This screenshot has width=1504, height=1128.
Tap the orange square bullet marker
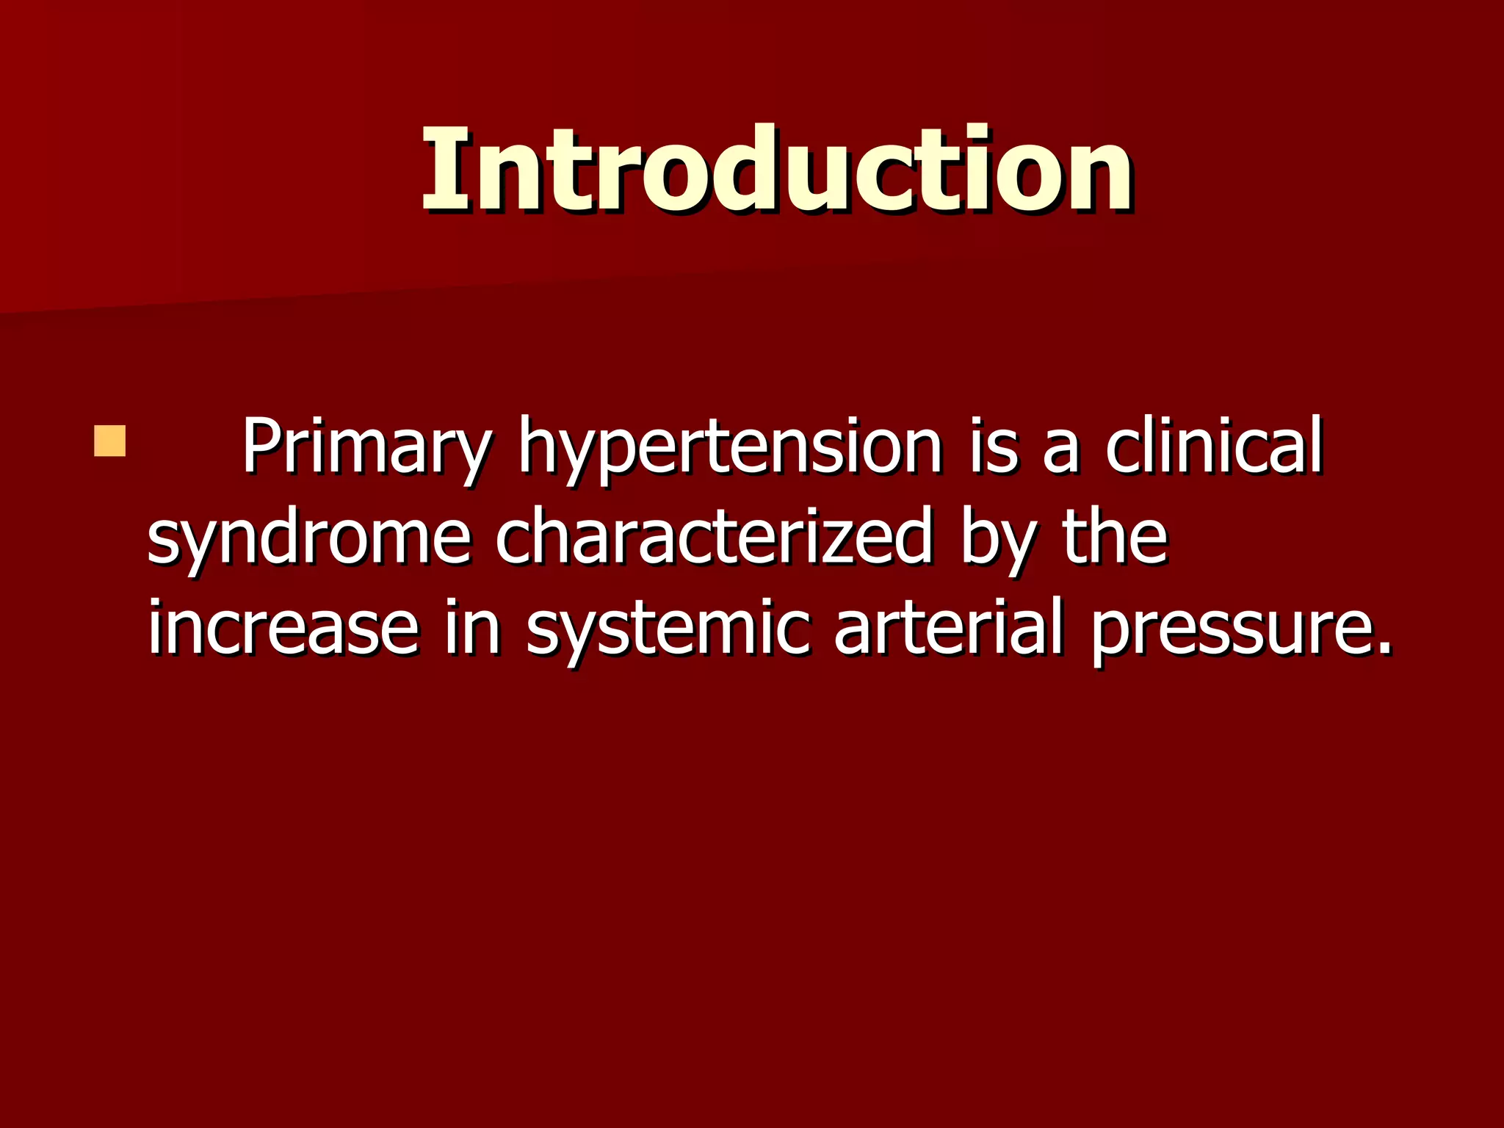pos(109,441)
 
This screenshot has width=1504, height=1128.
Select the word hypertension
pos(730,448)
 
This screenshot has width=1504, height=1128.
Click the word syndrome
pos(308,539)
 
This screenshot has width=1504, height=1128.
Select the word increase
pos(283,629)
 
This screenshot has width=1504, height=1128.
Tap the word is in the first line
pos(993,446)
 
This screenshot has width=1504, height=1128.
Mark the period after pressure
pos(1382,648)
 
